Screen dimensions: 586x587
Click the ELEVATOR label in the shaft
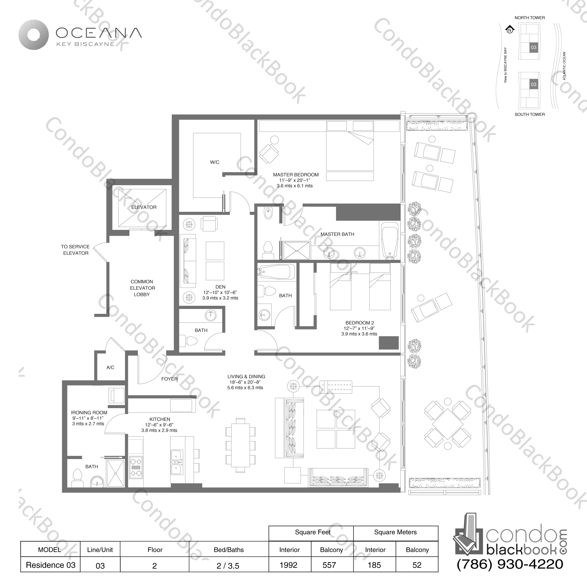click(144, 207)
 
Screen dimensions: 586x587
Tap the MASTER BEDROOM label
click(296, 175)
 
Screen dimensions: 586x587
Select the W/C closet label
click(215, 162)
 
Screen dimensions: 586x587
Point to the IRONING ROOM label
click(89, 413)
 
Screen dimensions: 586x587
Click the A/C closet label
click(110, 367)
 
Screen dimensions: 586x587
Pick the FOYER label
click(169, 379)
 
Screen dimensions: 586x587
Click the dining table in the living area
click(240, 445)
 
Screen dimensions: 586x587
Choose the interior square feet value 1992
click(288, 565)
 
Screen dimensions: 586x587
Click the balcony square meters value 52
click(417, 565)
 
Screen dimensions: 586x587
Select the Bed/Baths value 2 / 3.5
click(228, 566)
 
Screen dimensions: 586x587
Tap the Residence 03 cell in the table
click(50, 565)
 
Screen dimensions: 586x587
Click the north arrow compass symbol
click(510, 30)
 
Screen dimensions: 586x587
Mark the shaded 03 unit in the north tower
click(533, 47)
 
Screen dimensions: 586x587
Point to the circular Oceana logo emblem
click(33, 35)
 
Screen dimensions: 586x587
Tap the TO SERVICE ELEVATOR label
click(75, 250)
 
